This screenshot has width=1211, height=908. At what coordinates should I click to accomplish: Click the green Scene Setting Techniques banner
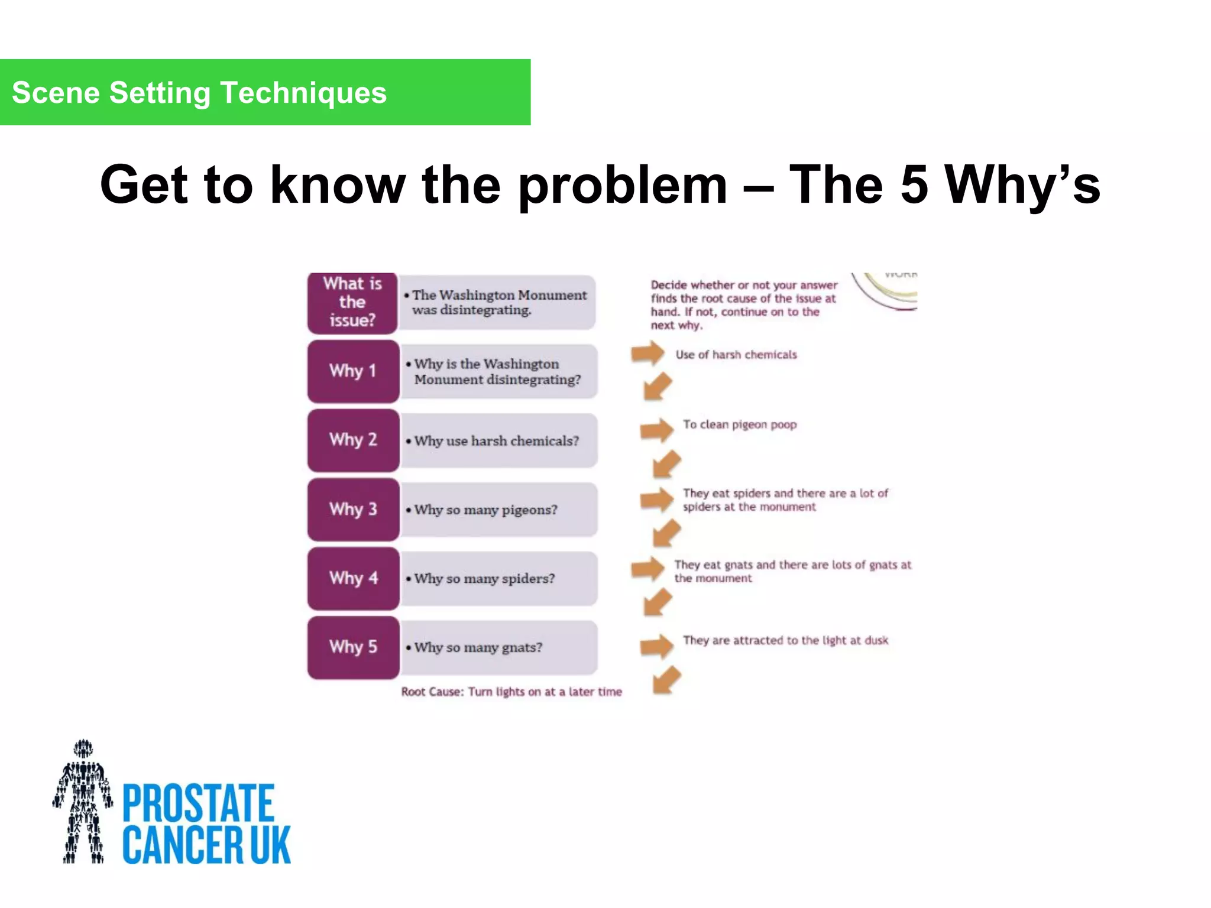point(265,92)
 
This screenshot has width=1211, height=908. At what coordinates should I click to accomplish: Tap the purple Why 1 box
point(353,371)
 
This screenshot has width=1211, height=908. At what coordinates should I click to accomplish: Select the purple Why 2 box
point(353,440)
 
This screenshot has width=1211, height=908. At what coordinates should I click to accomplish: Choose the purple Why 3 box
point(353,509)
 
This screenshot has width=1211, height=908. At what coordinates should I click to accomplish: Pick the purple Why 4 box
point(353,578)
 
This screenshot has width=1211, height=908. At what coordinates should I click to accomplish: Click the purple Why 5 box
point(353,647)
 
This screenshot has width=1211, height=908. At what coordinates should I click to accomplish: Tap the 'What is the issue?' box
point(352,302)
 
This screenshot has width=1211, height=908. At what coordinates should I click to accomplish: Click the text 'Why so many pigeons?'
point(485,510)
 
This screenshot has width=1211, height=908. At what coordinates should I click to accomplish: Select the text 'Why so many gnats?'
point(478,647)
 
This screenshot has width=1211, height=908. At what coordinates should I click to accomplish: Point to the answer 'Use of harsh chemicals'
point(736,355)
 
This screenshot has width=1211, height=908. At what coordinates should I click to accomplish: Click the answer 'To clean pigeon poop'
point(740,424)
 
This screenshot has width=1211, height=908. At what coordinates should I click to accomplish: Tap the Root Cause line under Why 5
point(511,692)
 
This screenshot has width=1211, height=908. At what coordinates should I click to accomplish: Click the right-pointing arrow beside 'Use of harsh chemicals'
point(647,354)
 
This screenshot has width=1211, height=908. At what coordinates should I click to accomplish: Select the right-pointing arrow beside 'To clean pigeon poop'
point(656,430)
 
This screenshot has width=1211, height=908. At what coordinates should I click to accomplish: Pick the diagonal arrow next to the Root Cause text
point(667,680)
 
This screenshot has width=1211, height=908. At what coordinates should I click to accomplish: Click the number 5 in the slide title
point(914,184)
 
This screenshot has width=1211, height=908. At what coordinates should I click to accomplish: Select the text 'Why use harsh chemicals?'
point(496,441)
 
